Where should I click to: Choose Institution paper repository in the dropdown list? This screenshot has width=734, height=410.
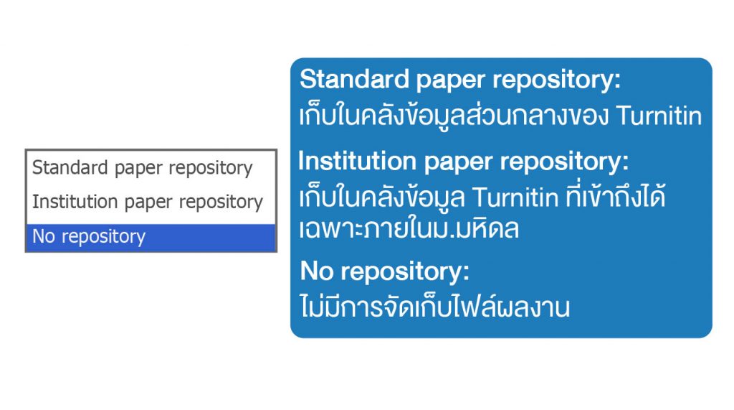148,202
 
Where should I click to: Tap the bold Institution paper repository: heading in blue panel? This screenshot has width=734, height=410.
464,162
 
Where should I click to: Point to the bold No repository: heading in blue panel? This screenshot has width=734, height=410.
384,272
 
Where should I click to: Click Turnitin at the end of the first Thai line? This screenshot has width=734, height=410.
659,116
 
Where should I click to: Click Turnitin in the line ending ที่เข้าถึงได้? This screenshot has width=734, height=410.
515,198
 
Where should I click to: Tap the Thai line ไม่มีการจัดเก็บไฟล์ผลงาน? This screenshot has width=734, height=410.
435,307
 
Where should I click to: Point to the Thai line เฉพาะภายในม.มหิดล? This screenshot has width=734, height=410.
409,229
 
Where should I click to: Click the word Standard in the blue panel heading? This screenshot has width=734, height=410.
354,79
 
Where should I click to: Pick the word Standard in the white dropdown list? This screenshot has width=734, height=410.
70,167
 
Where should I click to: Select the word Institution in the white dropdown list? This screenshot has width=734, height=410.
75,201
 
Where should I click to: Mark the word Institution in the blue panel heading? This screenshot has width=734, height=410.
357,161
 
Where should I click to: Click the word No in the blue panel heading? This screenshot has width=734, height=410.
317,271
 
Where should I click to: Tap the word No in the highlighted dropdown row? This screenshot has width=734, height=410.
44,236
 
